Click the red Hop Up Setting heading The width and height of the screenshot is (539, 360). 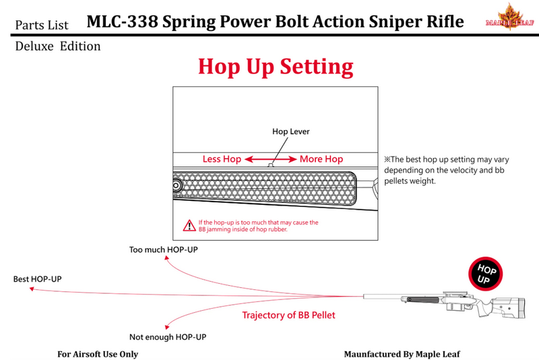pos(275,67)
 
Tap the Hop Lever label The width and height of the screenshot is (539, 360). pos(291,132)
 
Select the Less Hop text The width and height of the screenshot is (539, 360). pos(222,159)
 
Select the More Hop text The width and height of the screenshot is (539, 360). pos(321,159)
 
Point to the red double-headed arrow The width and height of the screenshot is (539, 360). pos(270,159)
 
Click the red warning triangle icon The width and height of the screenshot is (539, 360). pos(189,226)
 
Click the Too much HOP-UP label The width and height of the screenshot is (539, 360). pos(163,250)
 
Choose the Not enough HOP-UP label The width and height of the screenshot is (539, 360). pos(167,336)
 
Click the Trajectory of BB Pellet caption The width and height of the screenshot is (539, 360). pos(288,315)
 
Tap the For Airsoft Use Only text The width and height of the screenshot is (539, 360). pos(97,354)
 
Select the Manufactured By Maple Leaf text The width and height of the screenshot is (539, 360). pos(402,354)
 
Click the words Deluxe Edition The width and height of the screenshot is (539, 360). pos(57,47)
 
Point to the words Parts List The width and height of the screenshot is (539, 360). pos(43,25)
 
